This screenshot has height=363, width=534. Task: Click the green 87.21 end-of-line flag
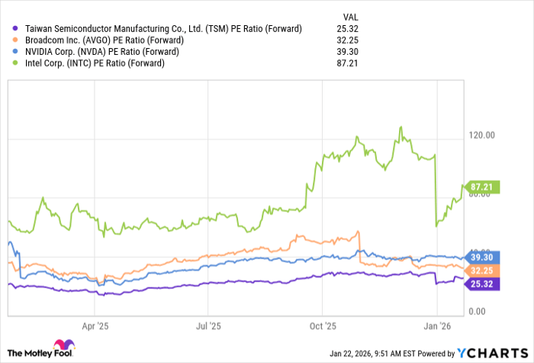(x=484, y=187)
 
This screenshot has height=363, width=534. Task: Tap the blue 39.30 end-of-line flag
(x=484, y=259)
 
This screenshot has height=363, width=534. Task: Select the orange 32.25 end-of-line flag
(x=484, y=271)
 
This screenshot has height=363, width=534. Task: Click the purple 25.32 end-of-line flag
(x=484, y=284)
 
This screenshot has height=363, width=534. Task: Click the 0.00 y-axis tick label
(x=478, y=311)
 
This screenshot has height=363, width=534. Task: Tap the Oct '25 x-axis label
(x=322, y=325)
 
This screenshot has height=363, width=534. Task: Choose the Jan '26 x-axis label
(x=436, y=325)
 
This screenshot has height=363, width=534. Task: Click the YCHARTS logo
(x=491, y=352)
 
